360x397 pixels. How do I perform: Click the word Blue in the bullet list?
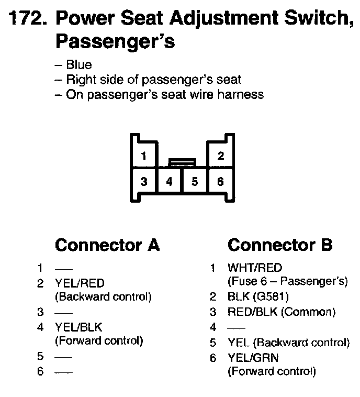click(x=78, y=65)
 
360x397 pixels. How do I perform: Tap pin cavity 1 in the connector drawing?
click(x=144, y=156)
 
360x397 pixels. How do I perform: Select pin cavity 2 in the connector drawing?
click(x=221, y=156)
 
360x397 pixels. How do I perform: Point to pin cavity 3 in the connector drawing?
click(x=144, y=182)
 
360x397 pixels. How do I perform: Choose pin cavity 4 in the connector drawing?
click(x=170, y=182)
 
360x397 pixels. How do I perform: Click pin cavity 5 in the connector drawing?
click(x=195, y=182)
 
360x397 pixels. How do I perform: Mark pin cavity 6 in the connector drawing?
click(x=221, y=182)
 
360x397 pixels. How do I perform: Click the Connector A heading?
click(x=107, y=245)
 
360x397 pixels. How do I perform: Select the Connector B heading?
click(x=280, y=245)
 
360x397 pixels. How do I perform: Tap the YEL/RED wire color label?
click(x=80, y=283)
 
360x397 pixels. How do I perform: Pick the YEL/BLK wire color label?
click(x=78, y=327)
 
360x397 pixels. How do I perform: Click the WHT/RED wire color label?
click(x=254, y=268)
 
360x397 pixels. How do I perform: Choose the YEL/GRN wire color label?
click(x=253, y=358)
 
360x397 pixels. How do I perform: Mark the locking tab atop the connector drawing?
click(x=182, y=162)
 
